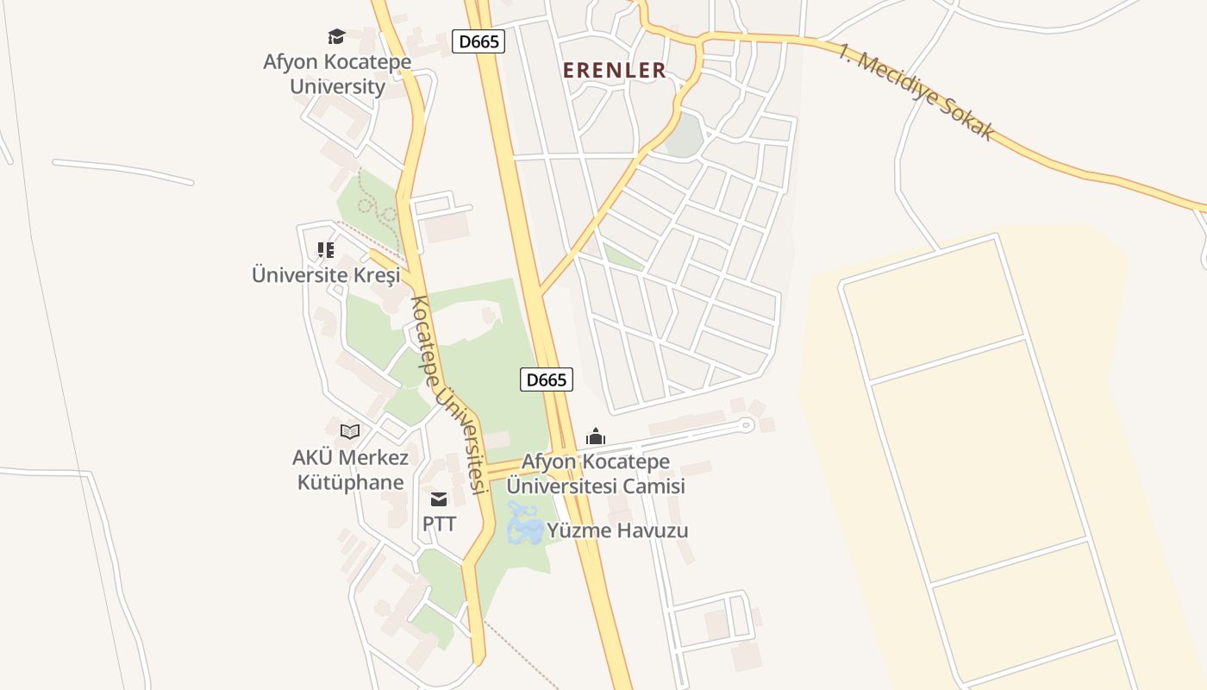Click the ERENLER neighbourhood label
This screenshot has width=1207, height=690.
[x=615, y=71]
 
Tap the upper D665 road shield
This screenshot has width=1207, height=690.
[x=478, y=41]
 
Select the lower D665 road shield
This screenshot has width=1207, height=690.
[x=547, y=379]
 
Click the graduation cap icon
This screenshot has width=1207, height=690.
[x=336, y=36]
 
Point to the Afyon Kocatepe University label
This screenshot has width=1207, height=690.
[x=337, y=74]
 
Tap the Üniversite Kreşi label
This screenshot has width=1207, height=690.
[x=326, y=275]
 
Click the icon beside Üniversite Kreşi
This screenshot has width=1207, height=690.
[x=326, y=250]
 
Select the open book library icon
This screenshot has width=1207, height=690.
[x=350, y=431]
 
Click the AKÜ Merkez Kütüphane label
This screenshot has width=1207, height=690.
[x=350, y=469]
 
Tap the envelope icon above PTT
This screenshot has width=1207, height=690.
[x=439, y=499]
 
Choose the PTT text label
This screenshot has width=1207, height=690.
[x=439, y=524]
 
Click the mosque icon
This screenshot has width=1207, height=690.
[x=596, y=436]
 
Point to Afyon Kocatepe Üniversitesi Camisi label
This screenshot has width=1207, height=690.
[x=596, y=474]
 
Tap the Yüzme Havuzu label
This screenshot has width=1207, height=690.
[x=618, y=530]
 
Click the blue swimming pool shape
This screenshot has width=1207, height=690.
[x=525, y=525]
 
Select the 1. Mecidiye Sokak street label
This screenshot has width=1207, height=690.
[x=916, y=91]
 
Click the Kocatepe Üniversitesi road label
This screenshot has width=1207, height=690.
[x=446, y=395]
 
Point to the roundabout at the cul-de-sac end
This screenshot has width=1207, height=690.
[x=747, y=424]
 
